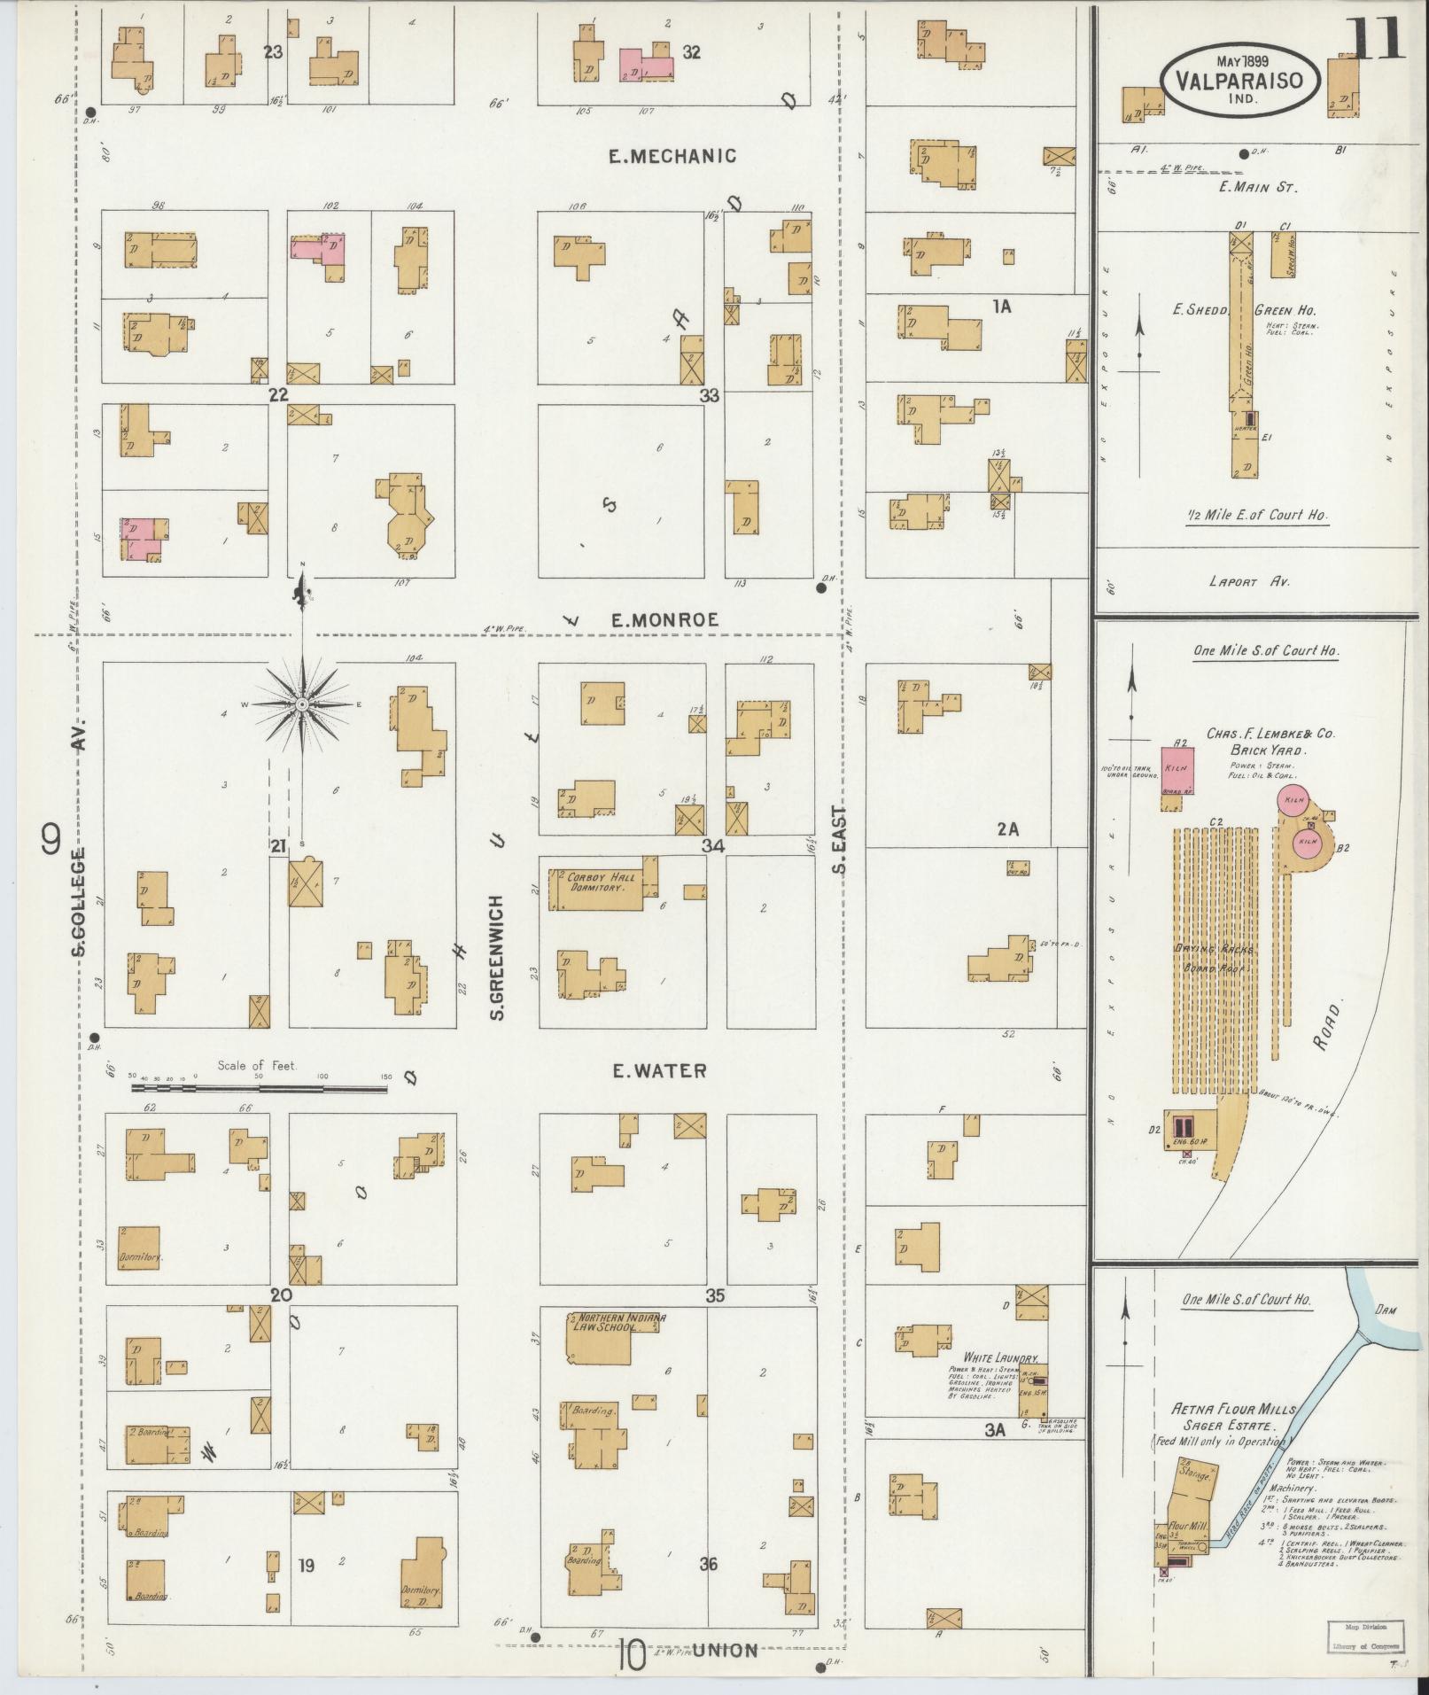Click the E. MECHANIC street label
[672, 157]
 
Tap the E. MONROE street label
[664, 621]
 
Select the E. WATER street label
[661, 1071]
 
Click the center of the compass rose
[302, 704]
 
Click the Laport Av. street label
[1249, 582]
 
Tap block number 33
[709, 396]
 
